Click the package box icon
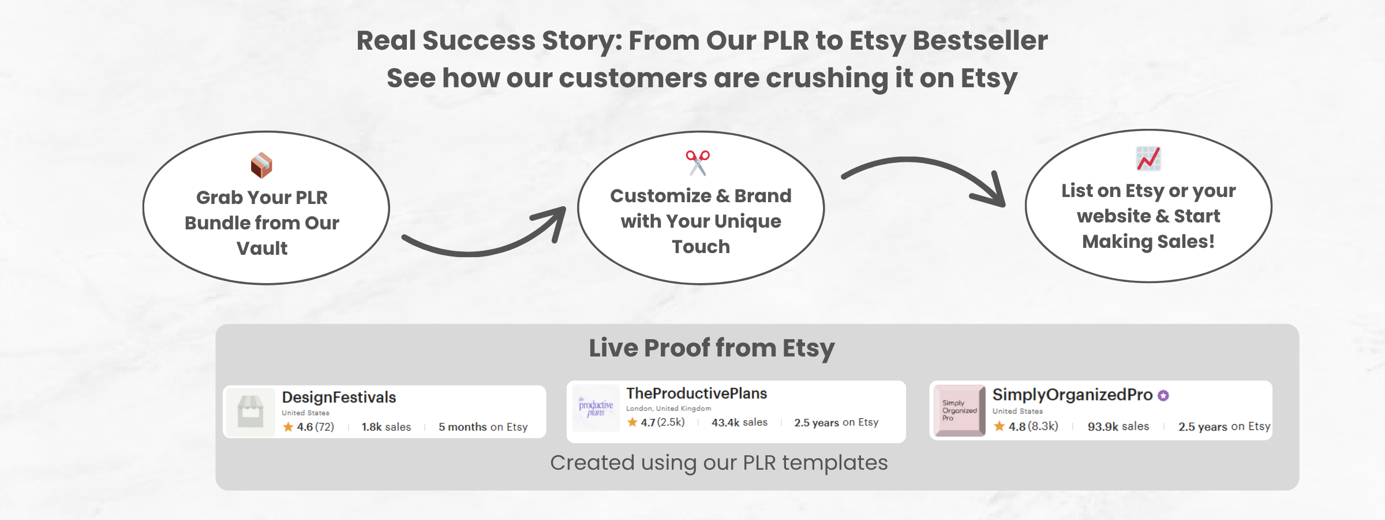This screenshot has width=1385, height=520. coord(261,165)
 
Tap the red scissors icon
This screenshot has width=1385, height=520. coord(698,162)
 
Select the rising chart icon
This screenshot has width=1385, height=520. coord(1148,158)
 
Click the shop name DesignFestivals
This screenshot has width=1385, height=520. coord(339,398)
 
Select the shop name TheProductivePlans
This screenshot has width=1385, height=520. coord(697,393)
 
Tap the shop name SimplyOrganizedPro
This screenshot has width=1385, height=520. coord(1072,395)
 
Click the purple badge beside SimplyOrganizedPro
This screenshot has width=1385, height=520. coord(1163,395)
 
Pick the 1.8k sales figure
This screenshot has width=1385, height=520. coord(386,427)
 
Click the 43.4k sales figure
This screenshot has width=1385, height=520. coord(739,422)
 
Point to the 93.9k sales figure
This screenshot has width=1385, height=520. coord(1118,426)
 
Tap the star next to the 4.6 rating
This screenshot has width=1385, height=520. coord(288,427)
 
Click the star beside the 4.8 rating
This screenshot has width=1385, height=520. coord(1000,426)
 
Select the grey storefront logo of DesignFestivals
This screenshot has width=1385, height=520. coord(250,411)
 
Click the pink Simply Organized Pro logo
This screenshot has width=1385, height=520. coord(960,410)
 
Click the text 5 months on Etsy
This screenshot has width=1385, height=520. coord(483,427)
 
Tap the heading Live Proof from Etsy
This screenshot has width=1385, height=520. coord(712,348)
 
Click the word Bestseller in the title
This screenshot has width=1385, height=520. coord(980,40)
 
